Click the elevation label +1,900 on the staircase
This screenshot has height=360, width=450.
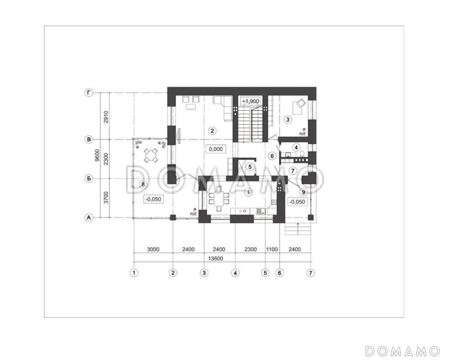[250, 101]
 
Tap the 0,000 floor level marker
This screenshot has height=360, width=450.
[216, 149]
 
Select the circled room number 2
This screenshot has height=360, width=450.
[212, 131]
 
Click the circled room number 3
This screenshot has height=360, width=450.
[287, 119]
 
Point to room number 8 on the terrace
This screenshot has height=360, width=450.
[143, 184]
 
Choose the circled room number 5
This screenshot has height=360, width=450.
[250, 166]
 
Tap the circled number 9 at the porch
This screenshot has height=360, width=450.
[303, 192]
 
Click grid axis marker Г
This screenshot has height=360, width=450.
[89, 93]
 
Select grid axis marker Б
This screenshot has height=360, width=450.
[89, 178]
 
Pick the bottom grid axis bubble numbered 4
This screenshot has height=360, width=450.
[235, 273]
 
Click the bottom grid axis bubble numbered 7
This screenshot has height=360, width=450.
[310, 273]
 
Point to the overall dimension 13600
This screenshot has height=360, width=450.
[215, 258]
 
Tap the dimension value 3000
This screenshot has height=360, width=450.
[153, 249]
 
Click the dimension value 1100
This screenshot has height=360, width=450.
[272, 249]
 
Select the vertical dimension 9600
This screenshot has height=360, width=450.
[97, 155]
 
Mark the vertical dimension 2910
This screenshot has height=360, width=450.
[106, 117]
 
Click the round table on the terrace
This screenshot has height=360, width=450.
[151, 155]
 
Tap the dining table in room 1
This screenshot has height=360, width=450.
[219, 199]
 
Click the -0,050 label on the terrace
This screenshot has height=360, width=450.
[154, 199]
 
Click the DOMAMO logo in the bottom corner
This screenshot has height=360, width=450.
[402, 351]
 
